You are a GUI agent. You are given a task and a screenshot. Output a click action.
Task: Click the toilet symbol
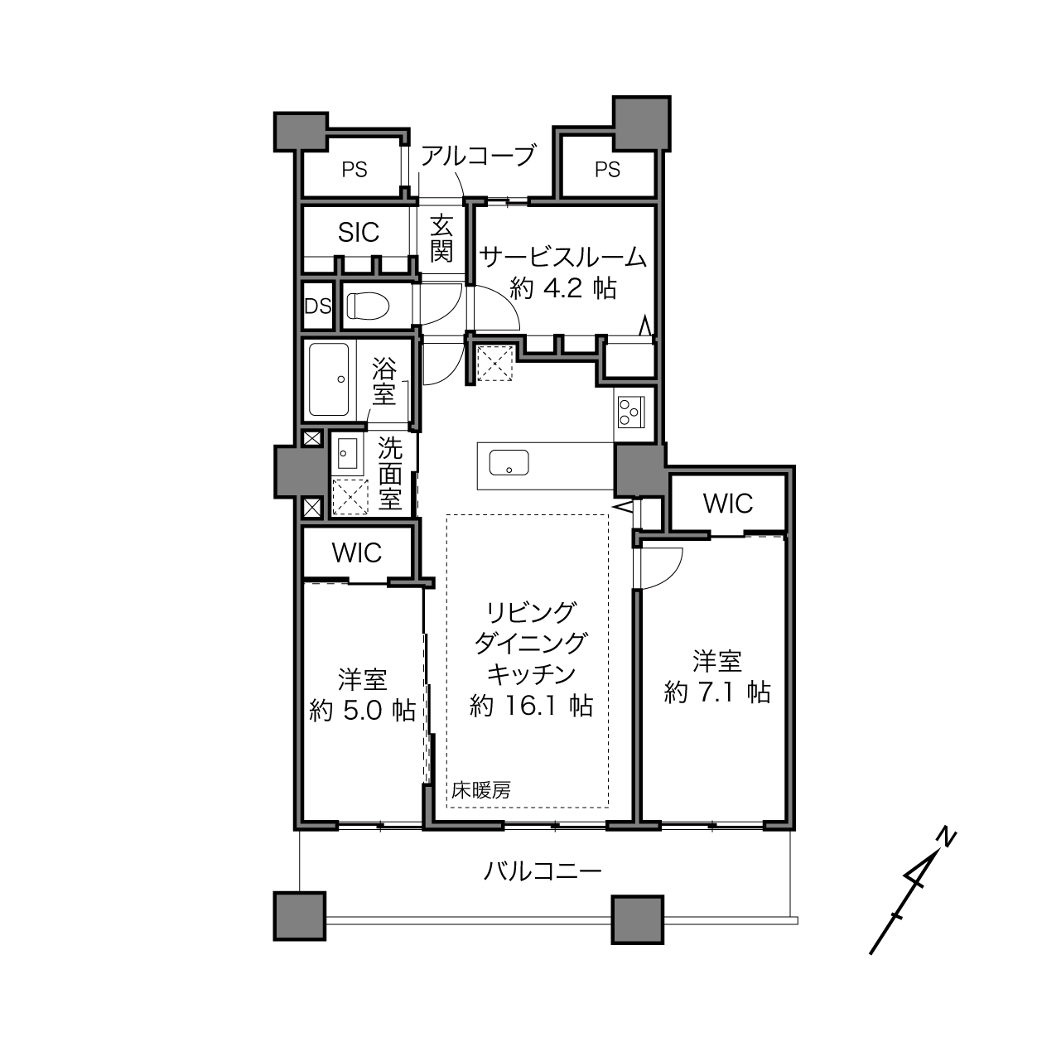click(368, 306)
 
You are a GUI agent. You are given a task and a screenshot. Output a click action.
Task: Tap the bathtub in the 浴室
click(329, 380)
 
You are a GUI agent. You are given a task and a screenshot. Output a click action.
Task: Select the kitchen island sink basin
click(509, 463)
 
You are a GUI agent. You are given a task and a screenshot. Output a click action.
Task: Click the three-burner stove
click(630, 412)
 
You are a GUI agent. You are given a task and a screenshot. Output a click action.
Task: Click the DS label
click(317, 306)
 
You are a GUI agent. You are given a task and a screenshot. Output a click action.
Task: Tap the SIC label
click(359, 233)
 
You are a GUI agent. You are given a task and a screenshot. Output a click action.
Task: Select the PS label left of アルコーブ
click(355, 170)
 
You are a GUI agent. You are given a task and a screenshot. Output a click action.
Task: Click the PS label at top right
click(607, 170)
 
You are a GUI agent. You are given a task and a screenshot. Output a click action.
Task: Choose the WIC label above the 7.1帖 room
click(727, 503)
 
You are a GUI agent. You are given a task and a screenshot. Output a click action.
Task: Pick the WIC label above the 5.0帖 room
click(357, 552)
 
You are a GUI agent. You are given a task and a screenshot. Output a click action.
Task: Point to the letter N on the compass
click(947, 838)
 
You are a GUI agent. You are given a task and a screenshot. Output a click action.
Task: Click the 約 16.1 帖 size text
click(532, 706)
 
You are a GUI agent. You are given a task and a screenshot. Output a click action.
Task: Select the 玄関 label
click(441, 239)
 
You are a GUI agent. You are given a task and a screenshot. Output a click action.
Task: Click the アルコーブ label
click(478, 155)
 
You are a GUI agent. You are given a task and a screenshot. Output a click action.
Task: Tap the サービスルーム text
click(563, 258)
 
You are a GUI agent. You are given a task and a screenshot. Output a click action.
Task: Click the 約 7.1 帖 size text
click(718, 692)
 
